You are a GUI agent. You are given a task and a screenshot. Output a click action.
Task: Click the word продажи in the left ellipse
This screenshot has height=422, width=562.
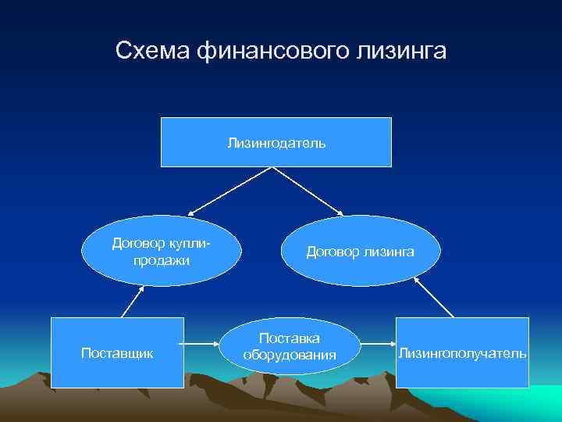(x=162, y=259)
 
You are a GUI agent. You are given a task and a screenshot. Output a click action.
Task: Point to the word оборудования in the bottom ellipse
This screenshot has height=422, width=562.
(x=290, y=355)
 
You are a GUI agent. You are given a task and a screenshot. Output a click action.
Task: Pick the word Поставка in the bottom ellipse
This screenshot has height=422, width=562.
(x=290, y=338)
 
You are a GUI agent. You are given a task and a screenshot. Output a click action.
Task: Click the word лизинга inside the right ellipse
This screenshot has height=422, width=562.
(x=388, y=251)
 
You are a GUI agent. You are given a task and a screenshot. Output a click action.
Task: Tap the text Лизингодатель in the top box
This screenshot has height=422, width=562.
(x=276, y=143)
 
